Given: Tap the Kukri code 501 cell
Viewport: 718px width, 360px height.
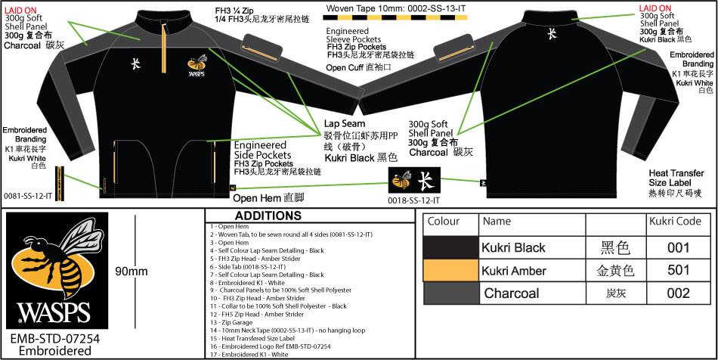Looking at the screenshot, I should [x=678, y=271].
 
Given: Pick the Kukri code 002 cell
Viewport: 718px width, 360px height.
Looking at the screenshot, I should [x=678, y=293].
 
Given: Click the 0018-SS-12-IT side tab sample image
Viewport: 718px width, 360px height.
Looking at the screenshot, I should [x=414, y=182].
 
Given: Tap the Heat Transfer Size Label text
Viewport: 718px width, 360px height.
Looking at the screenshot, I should [x=676, y=183].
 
